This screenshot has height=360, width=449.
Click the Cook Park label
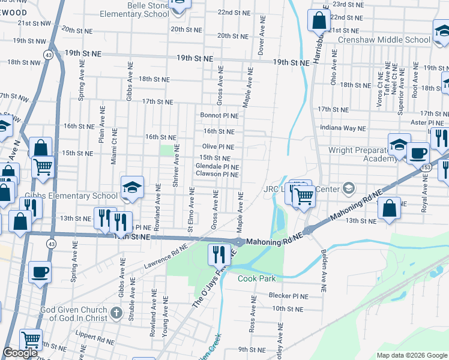click(256, 278)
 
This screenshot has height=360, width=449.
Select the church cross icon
click(117, 313)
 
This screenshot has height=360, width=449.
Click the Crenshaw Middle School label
click(384, 40)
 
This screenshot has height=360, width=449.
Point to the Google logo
click(20, 353)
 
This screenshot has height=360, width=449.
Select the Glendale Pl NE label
click(217, 166)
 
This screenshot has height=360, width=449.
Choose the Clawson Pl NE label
click(217, 174)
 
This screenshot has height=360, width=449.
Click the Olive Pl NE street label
click(218, 146)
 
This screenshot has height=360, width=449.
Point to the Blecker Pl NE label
click(289, 296)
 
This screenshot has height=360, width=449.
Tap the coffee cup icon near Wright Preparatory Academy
click(418, 153)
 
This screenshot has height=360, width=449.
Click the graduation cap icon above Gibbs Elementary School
click(132, 187)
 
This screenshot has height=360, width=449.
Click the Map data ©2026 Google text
click(412, 355)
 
